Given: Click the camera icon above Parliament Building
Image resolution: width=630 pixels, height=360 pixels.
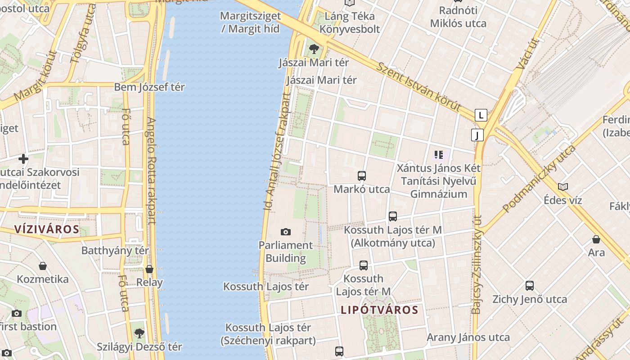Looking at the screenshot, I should point(285,232).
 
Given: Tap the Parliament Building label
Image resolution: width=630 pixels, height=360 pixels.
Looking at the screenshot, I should point(285,252).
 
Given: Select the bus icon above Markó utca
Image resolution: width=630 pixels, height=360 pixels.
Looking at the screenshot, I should point(361,176).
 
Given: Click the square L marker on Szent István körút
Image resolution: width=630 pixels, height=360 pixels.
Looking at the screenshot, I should point(481,115).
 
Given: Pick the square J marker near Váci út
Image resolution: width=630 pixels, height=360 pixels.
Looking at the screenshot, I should point(477,135).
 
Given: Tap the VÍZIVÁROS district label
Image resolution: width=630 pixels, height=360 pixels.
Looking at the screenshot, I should point(47,229).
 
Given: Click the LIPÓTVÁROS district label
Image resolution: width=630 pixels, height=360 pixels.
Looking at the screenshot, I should point(379,310).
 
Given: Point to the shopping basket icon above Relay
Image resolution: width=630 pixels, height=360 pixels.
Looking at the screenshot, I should point(149,269).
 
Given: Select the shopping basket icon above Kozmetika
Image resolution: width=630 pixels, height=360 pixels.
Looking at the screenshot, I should point(43,266).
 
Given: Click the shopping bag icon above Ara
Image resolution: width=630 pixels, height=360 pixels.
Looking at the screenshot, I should point(596,239).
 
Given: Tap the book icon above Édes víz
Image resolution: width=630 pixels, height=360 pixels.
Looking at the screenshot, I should point(562,187).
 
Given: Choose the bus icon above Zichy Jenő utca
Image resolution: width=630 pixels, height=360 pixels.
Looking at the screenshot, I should point(530,286).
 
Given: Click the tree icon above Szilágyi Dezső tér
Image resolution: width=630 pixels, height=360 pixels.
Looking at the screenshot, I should point(139,333).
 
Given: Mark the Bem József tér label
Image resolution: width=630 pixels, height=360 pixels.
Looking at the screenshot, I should point(149,87).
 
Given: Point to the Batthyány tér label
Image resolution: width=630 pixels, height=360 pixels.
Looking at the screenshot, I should point(115,250).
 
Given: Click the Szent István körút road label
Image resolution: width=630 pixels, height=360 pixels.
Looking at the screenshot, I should point(418,87).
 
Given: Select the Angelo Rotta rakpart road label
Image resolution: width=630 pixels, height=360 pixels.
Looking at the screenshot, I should point(151,171).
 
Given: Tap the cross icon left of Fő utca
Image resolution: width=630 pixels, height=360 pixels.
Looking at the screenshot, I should point(23,159).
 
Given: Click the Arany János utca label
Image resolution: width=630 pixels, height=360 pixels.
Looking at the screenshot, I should point(468,337).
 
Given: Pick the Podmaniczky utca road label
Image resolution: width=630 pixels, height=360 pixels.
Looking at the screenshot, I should point(539,179).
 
